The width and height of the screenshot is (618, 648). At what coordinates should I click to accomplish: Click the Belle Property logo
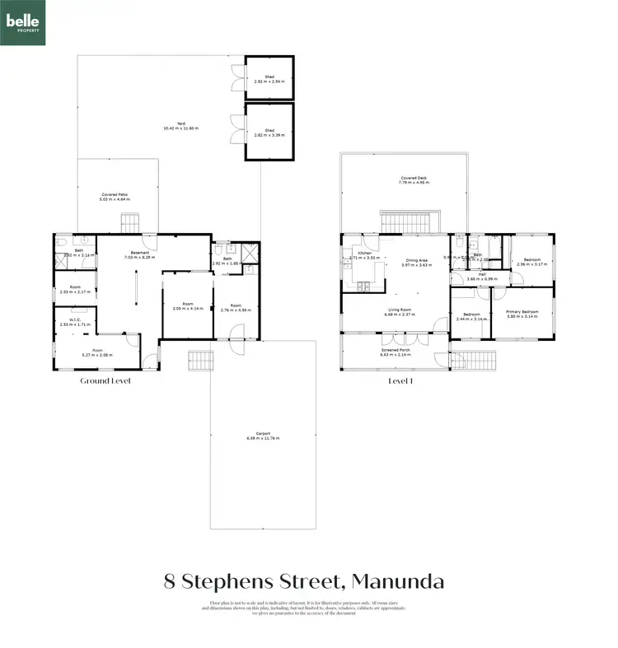tap(22, 22)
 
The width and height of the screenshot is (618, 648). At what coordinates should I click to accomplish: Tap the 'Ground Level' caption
tap(105, 381)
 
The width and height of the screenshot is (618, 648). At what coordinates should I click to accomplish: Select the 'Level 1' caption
tap(402, 381)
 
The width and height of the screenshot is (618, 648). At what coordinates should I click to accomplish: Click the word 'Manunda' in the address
tap(398, 581)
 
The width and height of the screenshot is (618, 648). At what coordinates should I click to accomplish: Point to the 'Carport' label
tap(263, 434)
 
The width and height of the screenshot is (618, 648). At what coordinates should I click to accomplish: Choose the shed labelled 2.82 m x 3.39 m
tap(269, 132)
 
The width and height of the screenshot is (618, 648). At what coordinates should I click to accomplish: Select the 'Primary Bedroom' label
tap(522, 313)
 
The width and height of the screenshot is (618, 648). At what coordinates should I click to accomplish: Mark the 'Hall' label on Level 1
tap(482, 276)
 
